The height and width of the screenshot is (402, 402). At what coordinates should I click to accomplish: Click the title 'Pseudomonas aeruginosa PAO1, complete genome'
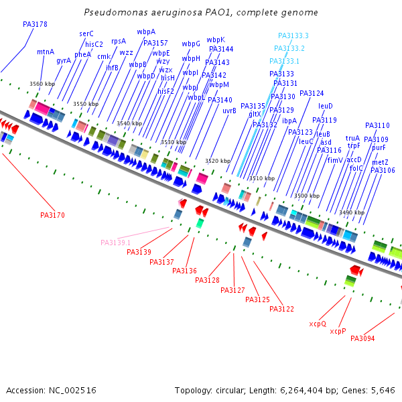[x=201, y=13]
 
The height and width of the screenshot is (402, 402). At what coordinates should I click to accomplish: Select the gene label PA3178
[x=35, y=24]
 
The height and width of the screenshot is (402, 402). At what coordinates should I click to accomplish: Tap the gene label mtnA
[x=46, y=52]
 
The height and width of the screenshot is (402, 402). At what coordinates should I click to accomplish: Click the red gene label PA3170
[x=52, y=215]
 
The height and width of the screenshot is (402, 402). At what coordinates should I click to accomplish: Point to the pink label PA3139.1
[x=116, y=243]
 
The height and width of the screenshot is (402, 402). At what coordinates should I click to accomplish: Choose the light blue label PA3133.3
[x=293, y=36]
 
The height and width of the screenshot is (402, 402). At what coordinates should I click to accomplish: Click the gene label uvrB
[x=229, y=111]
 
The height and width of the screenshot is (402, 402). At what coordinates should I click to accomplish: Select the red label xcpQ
[x=318, y=324]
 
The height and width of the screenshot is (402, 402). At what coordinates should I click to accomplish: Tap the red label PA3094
[x=362, y=338]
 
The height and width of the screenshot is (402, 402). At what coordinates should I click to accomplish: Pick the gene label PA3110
[x=377, y=125]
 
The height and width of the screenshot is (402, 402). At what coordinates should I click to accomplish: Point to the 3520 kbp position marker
[x=217, y=161]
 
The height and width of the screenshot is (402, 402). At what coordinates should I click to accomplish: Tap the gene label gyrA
[x=64, y=60]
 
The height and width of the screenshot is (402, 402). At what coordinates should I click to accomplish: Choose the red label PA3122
[x=281, y=309]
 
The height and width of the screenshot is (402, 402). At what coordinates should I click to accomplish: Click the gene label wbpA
[x=146, y=31]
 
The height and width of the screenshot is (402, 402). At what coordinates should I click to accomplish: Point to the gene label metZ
[x=380, y=162]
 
